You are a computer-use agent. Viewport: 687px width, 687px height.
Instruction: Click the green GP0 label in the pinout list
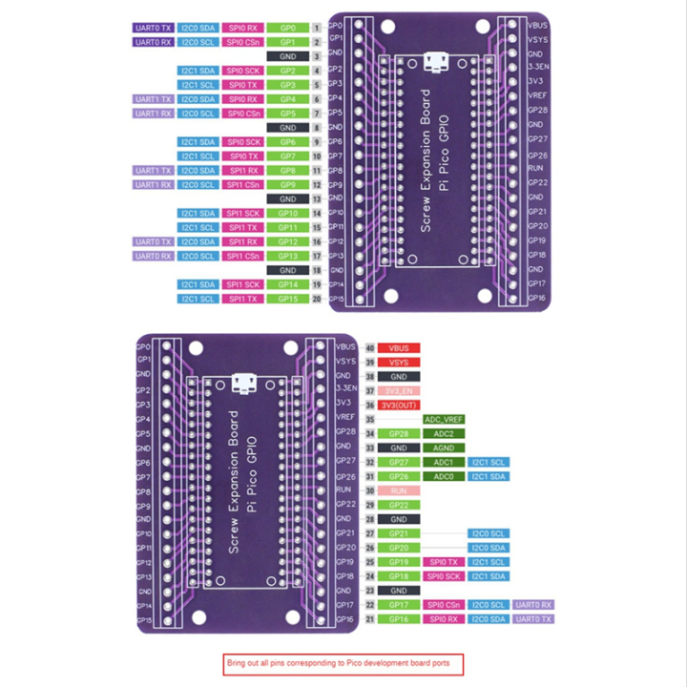pyautogui.click(x=287, y=28)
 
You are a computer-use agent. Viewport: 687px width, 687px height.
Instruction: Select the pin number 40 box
pyautogui.click(x=369, y=347)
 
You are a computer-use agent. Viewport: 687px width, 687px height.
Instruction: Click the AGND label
pyautogui.click(x=442, y=448)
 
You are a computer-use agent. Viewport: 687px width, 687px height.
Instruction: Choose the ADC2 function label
pyautogui.click(x=442, y=433)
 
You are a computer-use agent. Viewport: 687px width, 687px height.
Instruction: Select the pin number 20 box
pyautogui.click(x=316, y=299)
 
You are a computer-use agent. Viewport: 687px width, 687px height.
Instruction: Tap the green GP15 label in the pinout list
pyautogui.click(x=287, y=299)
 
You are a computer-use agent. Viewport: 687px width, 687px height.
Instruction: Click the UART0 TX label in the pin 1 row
pyautogui.click(x=153, y=28)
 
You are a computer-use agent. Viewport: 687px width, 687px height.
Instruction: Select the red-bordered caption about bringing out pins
pyautogui.click(x=343, y=663)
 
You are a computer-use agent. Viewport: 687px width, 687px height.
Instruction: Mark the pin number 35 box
pyautogui.click(x=369, y=419)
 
